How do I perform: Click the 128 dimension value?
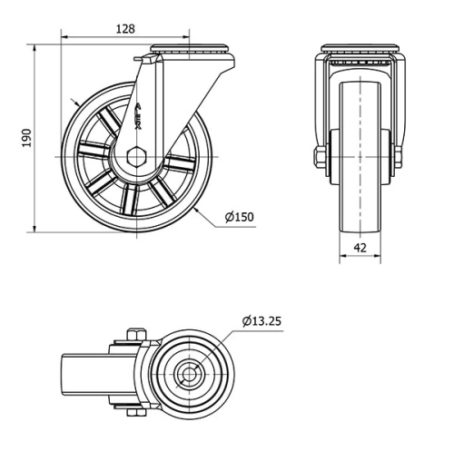click(125, 28)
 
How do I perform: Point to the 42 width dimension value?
click(360, 245)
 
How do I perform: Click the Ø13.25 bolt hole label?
click(263, 320)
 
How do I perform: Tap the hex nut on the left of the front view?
click(319, 160)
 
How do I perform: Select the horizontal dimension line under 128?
click(125, 37)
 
